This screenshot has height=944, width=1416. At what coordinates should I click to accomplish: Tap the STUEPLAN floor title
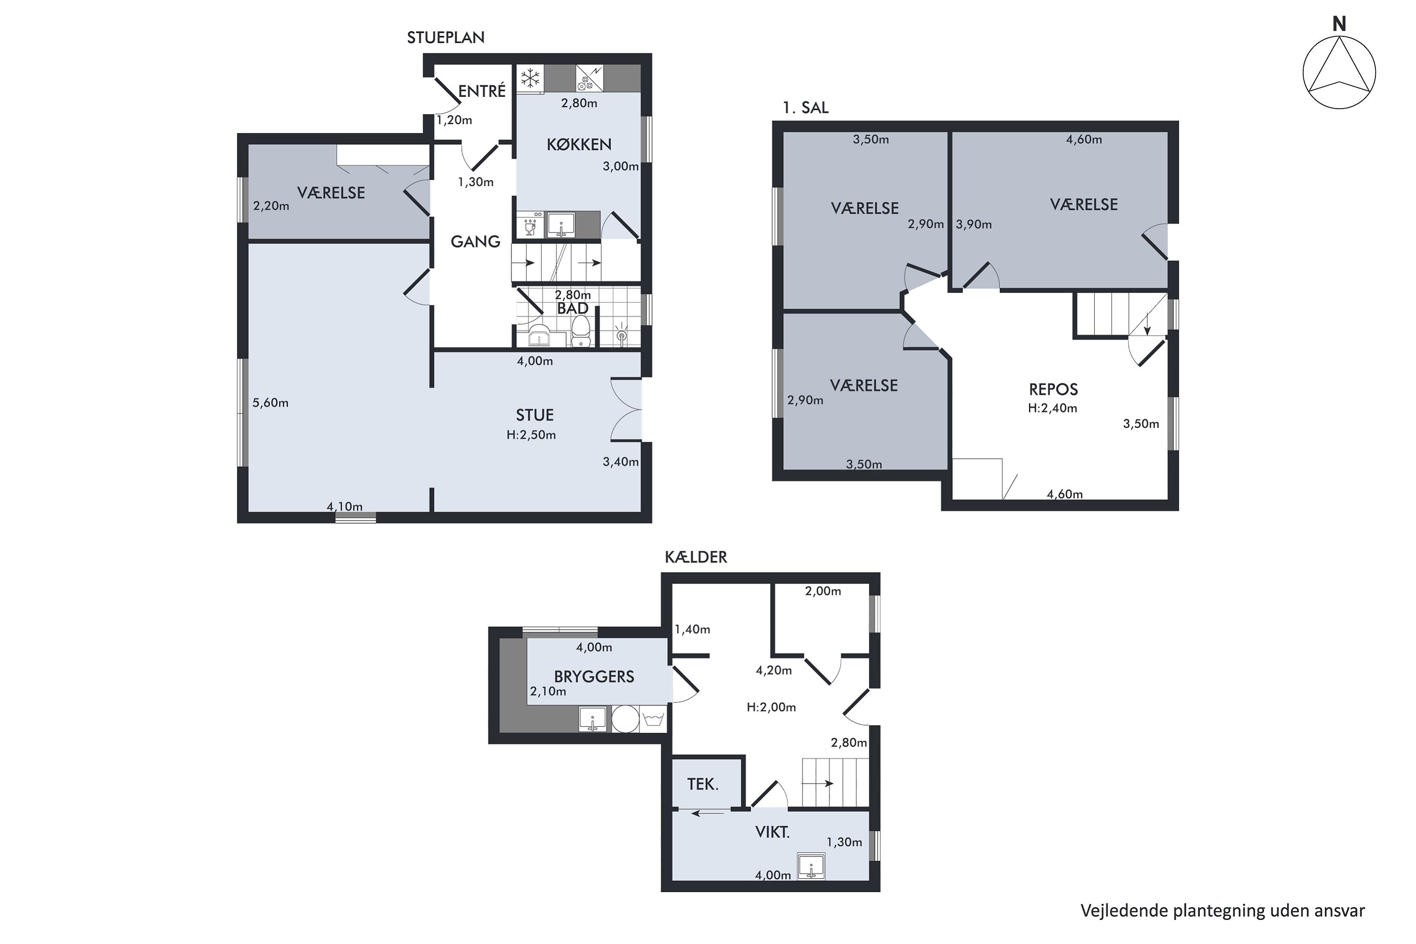point(446,37)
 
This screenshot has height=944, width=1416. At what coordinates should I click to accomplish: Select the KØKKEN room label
point(579,144)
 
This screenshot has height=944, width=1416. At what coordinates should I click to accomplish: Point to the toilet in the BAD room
point(581,332)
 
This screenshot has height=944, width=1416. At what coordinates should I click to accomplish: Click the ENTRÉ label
point(481,91)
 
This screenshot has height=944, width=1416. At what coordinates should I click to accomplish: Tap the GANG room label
point(476,241)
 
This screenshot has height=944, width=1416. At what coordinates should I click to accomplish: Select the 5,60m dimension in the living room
point(270,403)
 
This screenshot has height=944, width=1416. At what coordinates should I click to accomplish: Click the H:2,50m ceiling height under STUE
point(531,435)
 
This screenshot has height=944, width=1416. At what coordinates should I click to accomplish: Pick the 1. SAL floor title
point(806,108)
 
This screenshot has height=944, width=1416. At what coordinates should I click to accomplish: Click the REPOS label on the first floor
point(1054,389)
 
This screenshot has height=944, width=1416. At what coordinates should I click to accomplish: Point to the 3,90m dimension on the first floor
point(973,225)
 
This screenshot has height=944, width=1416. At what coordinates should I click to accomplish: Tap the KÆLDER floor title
point(696,557)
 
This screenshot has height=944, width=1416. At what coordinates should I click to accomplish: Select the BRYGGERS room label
point(594,677)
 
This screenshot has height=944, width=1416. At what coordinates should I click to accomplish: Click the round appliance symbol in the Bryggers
point(625,718)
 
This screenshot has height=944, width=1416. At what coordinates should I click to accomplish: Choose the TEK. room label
point(703,784)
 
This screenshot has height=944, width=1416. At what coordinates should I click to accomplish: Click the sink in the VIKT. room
point(811,866)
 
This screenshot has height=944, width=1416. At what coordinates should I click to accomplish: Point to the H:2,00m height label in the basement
point(771,708)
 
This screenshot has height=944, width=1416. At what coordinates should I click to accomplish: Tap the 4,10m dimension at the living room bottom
point(345,506)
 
